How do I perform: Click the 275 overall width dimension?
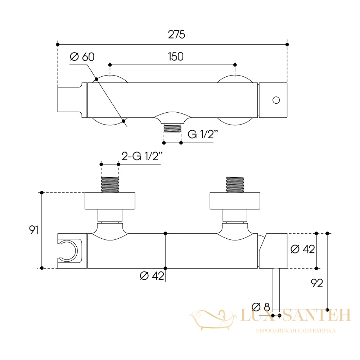click(176, 35)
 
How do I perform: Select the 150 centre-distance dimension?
click(176, 57)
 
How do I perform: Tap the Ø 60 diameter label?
click(82, 57)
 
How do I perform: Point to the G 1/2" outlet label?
click(202, 134)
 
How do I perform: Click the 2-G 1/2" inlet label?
click(142, 156)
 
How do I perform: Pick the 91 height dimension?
click(33, 230)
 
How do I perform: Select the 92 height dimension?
click(317, 283)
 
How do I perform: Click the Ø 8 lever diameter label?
click(261, 307)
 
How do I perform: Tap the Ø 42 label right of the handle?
click(303, 249)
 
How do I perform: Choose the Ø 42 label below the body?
click(152, 276)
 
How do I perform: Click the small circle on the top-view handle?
click(276, 100)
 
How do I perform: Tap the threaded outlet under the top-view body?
click(172, 128)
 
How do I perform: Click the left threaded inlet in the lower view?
click(110, 185)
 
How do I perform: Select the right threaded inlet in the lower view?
click(235, 185)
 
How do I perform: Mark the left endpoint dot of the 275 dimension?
click(58, 45)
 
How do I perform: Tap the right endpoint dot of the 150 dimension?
click(235, 65)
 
